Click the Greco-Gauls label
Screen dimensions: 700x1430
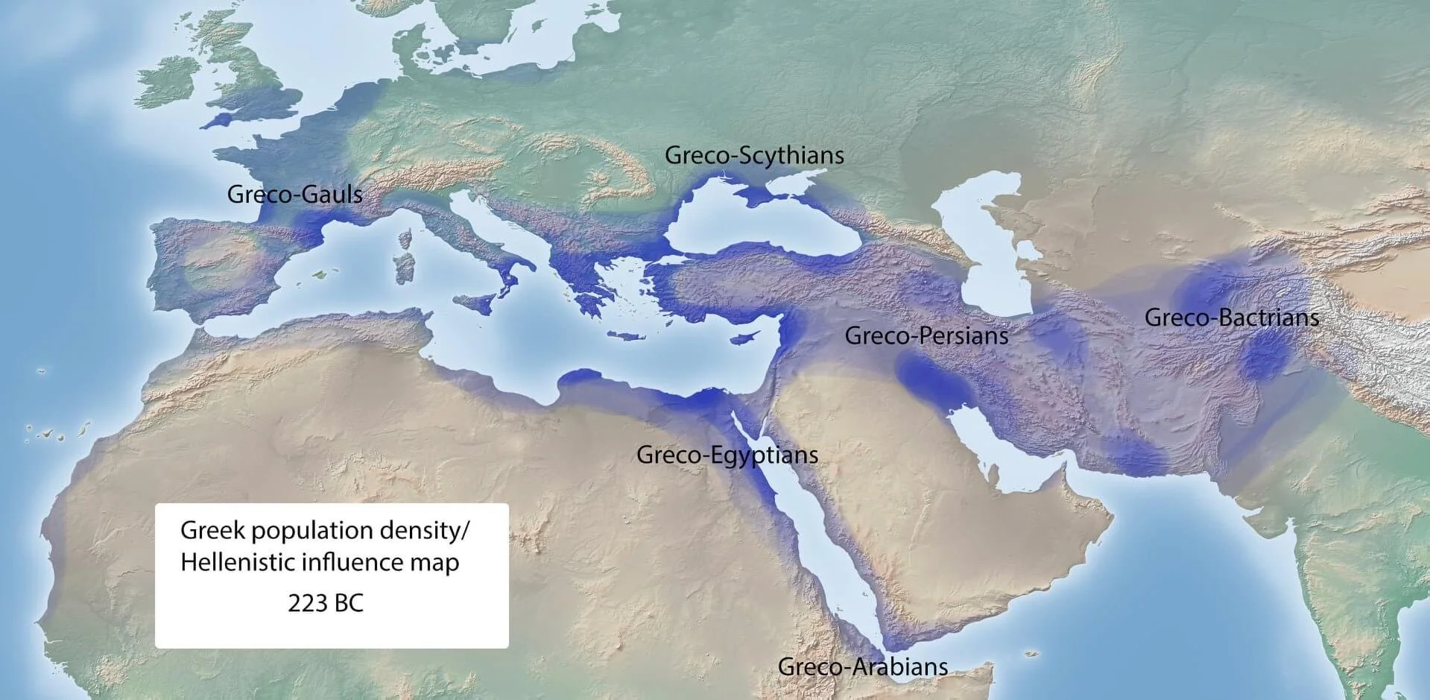(x=294, y=195)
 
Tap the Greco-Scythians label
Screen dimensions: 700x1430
(x=754, y=155)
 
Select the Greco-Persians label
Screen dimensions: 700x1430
(x=926, y=335)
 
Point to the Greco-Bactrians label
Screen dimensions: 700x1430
(x=1231, y=318)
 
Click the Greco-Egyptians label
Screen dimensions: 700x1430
(x=727, y=455)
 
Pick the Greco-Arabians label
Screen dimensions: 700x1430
(x=863, y=666)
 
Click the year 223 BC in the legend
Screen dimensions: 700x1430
(x=326, y=602)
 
